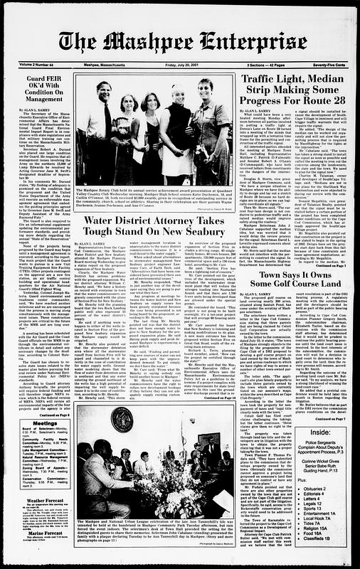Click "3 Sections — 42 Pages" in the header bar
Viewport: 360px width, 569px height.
click(270, 64)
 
